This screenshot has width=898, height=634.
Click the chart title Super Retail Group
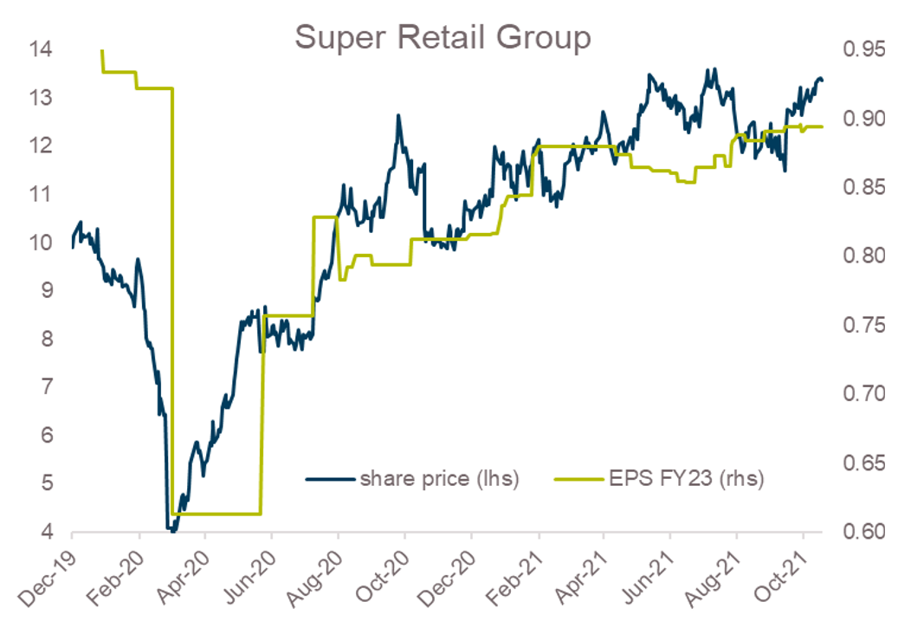pyautogui.click(x=443, y=38)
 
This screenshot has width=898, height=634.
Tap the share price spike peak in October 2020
pyautogui.click(x=398, y=115)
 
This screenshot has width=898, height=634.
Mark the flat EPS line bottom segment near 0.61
pyautogui.click(x=216, y=514)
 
